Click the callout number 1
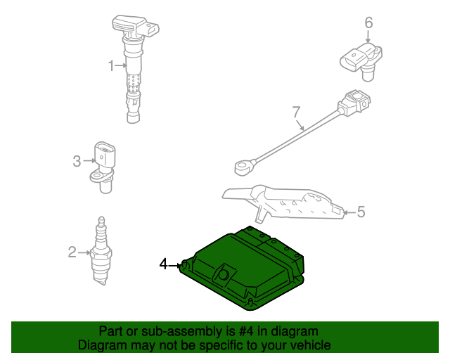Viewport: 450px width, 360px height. [x=111, y=65]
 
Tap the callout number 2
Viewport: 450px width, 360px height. [x=72, y=252]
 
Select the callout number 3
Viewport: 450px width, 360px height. [x=77, y=161]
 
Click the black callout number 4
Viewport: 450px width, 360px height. [x=163, y=264]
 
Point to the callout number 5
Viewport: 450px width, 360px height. [x=361, y=212]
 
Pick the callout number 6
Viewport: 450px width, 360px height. [x=368, y=22]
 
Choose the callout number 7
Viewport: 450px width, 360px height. [x=297, y=112]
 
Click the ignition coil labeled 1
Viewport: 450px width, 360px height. [x=134, y=69]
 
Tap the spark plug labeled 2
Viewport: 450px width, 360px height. [x=101, y=251]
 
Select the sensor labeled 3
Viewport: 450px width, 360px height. [x=103, y=167]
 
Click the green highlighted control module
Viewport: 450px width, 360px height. [x=243, y=268]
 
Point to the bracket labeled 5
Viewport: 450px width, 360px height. [x=283, y=203]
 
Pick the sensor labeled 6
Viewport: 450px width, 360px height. [x=361, y=61]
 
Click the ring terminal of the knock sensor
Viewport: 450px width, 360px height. [x=243, y=167]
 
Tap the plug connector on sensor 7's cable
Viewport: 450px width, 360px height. [x=354, y=103]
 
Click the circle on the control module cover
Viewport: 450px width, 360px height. [x=223, y=275]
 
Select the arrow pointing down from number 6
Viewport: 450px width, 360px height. [x=368, y=37]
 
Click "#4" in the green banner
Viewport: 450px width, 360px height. [x=246, y=332]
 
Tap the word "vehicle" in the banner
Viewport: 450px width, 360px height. [x=312, y=345]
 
